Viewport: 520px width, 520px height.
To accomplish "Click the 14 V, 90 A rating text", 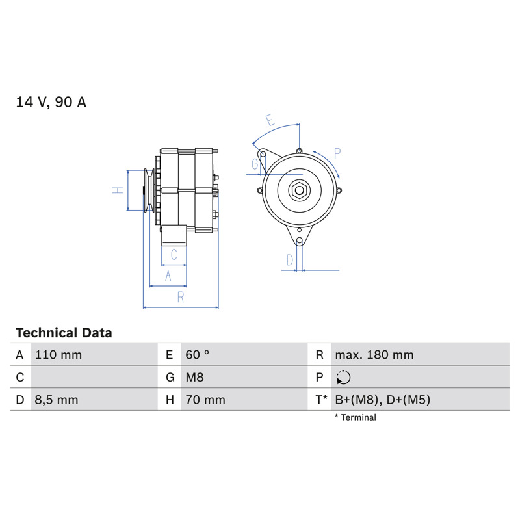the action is (x=51, y=102).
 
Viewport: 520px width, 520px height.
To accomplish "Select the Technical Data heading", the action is (x=64, y=333).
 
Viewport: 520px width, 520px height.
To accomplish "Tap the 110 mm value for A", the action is (x=58, y=355).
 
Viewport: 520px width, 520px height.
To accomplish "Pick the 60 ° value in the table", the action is (x=198, y=355).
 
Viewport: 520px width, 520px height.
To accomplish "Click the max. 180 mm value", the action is (x=374, y=355).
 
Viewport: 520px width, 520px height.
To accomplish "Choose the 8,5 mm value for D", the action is (x=57, y=400).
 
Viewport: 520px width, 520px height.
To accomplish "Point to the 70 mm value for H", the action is (x=205, y=400).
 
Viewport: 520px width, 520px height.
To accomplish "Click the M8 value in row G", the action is (x=194, y=378).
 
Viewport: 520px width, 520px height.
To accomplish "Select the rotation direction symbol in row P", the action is (x=343, y=378).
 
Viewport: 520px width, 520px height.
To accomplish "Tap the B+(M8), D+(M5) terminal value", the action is (x=383, y=400).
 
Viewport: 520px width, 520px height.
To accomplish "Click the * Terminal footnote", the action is (x=356, y=417).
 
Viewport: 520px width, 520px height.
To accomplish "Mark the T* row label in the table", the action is (x=321, y=400).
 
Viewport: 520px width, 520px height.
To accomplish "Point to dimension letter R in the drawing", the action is (x=181, y=297).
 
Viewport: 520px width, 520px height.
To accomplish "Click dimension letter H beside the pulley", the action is (x=118, y=190).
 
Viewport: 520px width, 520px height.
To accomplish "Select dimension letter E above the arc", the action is (x=270, y=120).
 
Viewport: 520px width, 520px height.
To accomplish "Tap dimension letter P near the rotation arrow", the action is (x=337, y=153).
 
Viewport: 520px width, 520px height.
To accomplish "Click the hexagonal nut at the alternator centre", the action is (x=299, y=190).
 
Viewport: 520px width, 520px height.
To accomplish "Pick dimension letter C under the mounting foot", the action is (x=174, y=255).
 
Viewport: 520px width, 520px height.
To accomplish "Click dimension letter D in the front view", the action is (x=290, y=261).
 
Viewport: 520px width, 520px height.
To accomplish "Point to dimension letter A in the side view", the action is (x=168, y=276).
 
